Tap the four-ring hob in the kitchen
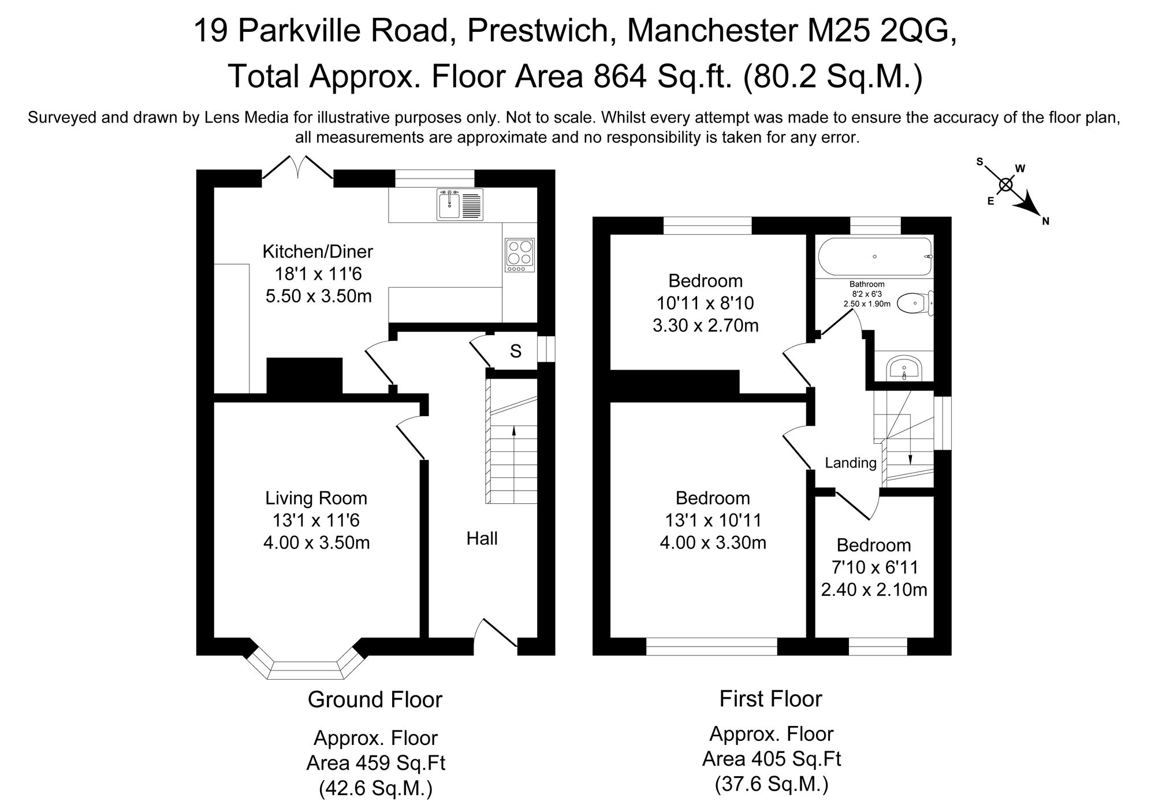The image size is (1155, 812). pyautogui.click(x=519, y=255)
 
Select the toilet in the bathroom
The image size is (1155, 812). pyautogui.click(x=915, y=302)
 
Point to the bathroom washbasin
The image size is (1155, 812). pyautogui.click(x=904, y=369)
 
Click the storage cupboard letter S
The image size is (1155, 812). pyautogui.click(x=516, y=351)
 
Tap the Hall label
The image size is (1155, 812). pyautogui.click(x=482, y=539)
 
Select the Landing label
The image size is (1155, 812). pyautogui.click(x=850, y=462)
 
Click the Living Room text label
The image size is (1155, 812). pyautogui.click(x=316, y=498)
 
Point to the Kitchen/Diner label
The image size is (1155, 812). pyautogui.click(x=318, y=251)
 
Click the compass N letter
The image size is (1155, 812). pyautogui.click(x=1045, y=221)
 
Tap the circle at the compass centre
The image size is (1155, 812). pyautogui.click(x=1006, y=184)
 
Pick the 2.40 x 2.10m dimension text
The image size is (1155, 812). pyautogui.click(x=874, y=589)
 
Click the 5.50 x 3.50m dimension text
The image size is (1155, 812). pyautogui.click(x=318, y=296)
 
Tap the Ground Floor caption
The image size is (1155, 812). pyautogui.click(x=375, y=699)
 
